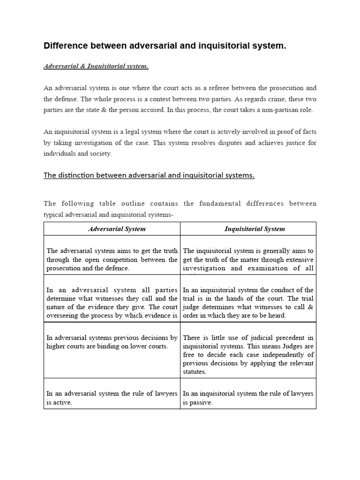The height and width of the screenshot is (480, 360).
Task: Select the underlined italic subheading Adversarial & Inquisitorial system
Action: (96, 66)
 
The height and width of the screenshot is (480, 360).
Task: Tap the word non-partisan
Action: (269, 110)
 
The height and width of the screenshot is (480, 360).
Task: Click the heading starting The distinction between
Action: (149, 175)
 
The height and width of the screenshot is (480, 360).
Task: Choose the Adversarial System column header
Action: (117, 229)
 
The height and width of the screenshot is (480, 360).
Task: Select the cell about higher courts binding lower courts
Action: (112, 342)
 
